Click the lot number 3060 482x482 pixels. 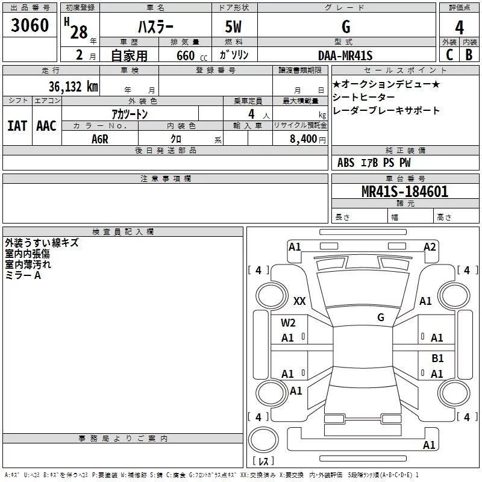[x=30, y=25]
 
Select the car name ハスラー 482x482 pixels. [x=155, y=27]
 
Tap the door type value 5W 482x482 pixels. [x=234, y=27]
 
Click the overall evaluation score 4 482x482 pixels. [x=459, y=27]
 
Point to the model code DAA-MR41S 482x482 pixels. [x=345, y=55]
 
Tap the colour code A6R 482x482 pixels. [x=100, y=138]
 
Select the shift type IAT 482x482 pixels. [x=17, y=125]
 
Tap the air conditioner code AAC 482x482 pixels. [x=46, y=125]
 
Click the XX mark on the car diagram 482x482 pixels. [x=299, y=301]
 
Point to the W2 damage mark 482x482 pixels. [x=288, y=323]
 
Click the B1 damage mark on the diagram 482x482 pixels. [x=437, y=358]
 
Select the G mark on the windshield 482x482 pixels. [x=381, y=318]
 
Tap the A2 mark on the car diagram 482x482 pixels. [x=430, y=246]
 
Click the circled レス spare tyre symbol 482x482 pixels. [x=263, y=446]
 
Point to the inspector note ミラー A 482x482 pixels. [x=23, y=275]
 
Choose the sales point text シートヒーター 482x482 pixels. [x=364, y=98]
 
